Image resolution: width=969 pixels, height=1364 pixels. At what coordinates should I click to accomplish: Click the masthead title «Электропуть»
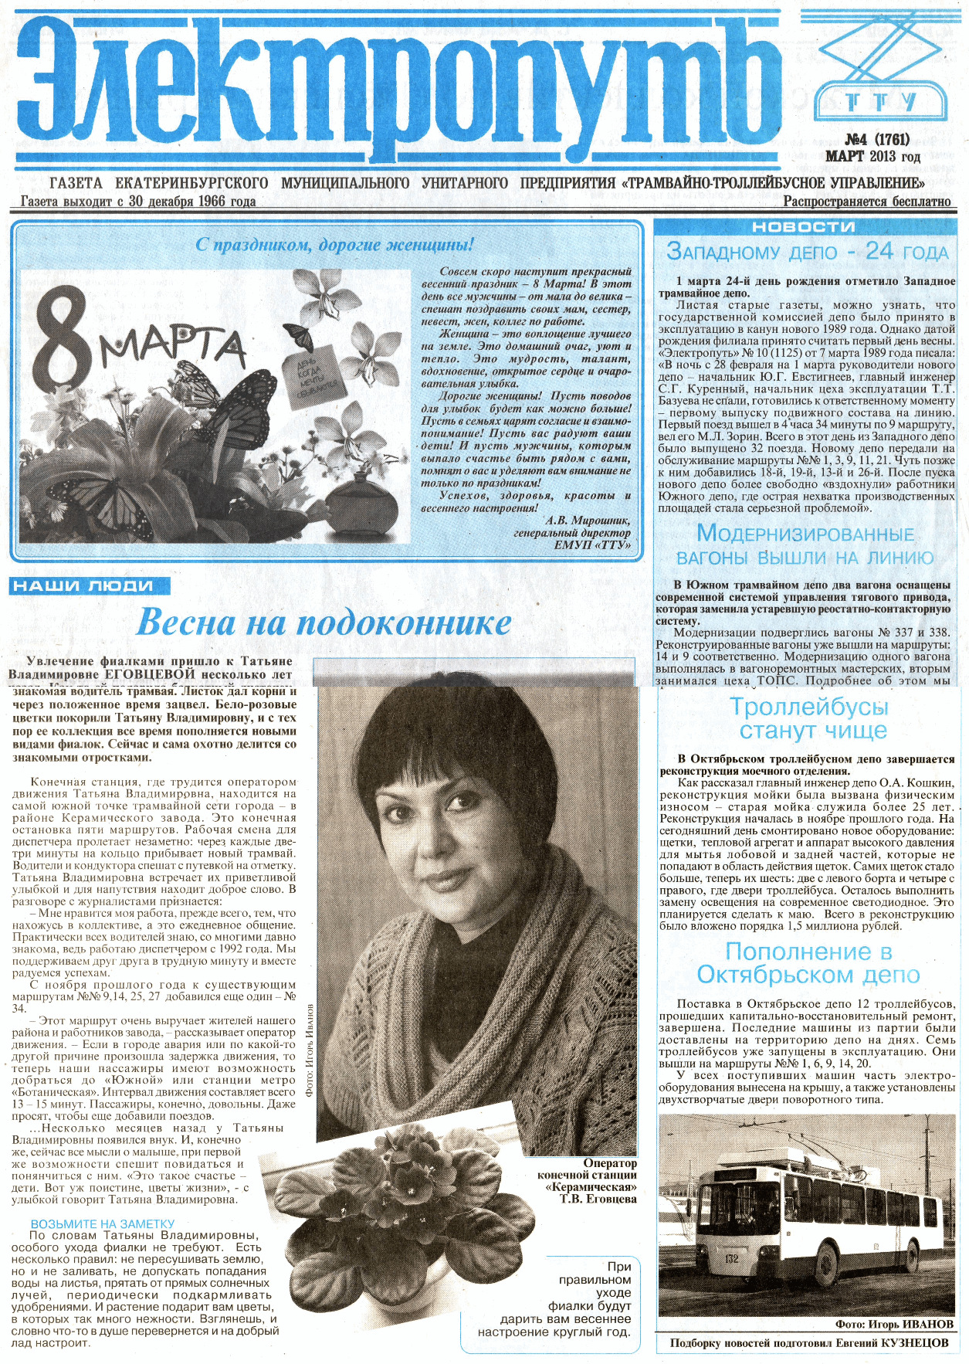click(394, 85)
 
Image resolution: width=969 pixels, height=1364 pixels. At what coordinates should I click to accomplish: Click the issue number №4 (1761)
click(877, 140)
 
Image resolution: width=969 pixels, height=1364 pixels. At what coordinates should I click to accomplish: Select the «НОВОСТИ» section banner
click(803, 227)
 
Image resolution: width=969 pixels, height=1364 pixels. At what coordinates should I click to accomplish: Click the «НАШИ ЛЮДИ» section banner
click(90, 586)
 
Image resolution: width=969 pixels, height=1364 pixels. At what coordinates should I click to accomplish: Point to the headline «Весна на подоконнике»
click(324, 623)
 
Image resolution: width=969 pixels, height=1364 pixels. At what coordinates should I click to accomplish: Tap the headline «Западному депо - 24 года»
click(807, 252)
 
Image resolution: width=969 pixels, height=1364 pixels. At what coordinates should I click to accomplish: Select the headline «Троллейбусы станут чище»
click(809, 718)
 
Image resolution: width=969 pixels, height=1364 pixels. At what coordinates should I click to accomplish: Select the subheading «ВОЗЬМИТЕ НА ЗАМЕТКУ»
click(103, 1223)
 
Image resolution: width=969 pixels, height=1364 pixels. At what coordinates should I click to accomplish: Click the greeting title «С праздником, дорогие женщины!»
click(334, 246)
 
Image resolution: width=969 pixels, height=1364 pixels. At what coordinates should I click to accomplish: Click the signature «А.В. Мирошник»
click(588, 521)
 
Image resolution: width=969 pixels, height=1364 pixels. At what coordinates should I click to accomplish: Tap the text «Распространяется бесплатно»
click(867, 202)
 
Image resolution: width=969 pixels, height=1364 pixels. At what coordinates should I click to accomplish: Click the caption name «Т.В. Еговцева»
click(598, 1199)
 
